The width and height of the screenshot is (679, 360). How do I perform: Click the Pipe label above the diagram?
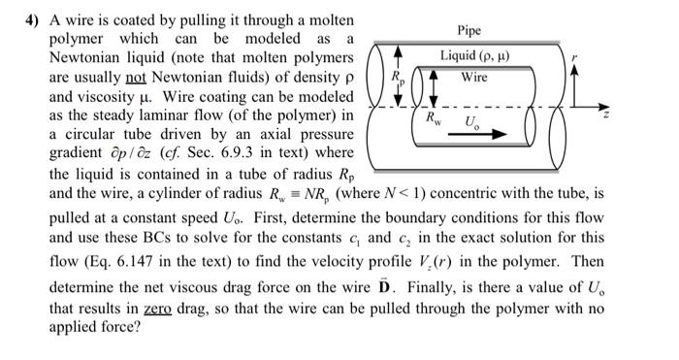click(475, 30)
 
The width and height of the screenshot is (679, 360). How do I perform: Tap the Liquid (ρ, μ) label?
click(475, 55)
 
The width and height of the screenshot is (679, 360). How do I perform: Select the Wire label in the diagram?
click(474, 77)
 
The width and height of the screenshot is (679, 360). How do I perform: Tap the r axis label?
click(575, 60)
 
